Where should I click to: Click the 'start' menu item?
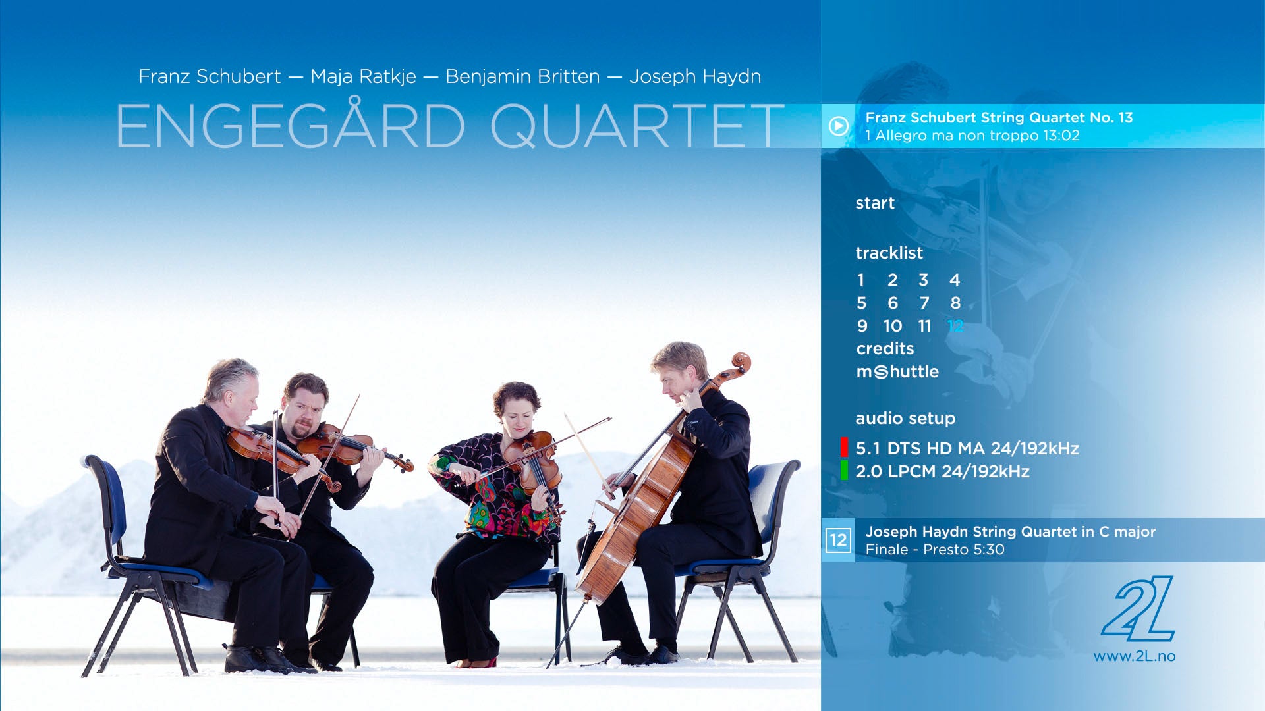(875, 203)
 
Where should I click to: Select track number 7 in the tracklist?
(924, 303)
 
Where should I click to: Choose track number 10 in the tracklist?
(893, 326)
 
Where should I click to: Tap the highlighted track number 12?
(955, 326)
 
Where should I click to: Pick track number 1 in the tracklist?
(860, 280)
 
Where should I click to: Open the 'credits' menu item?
(885, 348)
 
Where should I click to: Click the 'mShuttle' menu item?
(897, 371)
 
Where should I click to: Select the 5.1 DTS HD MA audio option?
(967, 448)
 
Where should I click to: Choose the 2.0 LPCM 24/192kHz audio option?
(942, 471)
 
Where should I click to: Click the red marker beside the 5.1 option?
(844, 447)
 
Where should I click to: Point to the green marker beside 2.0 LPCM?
(844, 470)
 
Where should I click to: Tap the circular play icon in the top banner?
(838, 126)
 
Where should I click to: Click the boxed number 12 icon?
(838, 540)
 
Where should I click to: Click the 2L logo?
(1138, 609)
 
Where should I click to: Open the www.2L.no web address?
(1135, 656)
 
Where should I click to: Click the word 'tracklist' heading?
(889, 253)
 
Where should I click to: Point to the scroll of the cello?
(741, 362)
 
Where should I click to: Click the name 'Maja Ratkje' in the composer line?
(363, 76)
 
